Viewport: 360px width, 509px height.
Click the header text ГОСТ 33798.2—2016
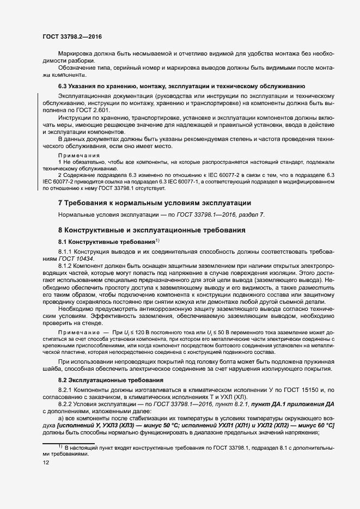pyautogui.click(x=71, y=36)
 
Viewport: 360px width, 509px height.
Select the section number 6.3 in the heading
pyautogui.click(x=63, y=86)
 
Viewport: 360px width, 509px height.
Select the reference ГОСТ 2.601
pyautogui.click(x=91, y=111)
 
